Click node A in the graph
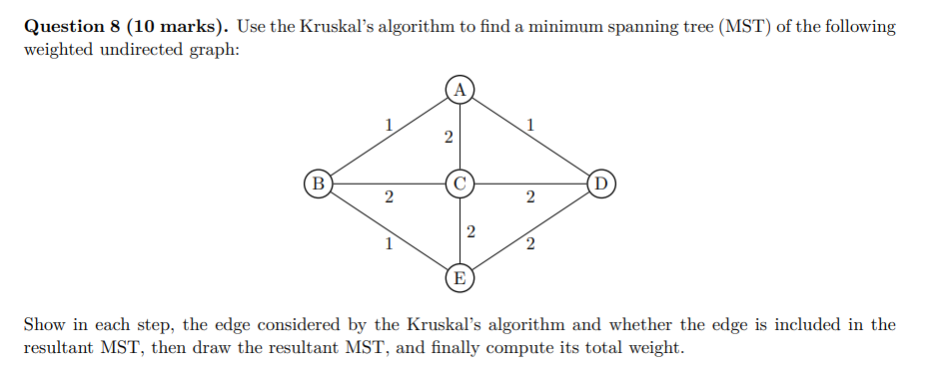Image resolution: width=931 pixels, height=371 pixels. [460, 89]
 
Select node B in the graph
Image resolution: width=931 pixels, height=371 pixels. [319, 184]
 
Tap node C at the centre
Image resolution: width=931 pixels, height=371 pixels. [460, 184]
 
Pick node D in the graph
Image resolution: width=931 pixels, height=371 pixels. [600, 184]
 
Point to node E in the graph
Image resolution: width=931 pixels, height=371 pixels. [460, 277]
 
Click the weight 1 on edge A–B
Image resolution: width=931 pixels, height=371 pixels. [389, 125]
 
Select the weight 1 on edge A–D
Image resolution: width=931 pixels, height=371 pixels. [530, 125]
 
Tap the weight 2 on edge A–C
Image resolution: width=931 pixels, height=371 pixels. [449, 136]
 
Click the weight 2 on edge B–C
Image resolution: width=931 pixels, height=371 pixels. [389, 198]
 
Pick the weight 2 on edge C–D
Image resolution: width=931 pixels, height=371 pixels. [530, 198]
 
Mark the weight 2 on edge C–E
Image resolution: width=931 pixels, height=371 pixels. [470, 231]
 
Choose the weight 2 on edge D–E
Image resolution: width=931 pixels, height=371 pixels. [530, 243]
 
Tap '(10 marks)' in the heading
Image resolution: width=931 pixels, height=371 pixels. [181, 27]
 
